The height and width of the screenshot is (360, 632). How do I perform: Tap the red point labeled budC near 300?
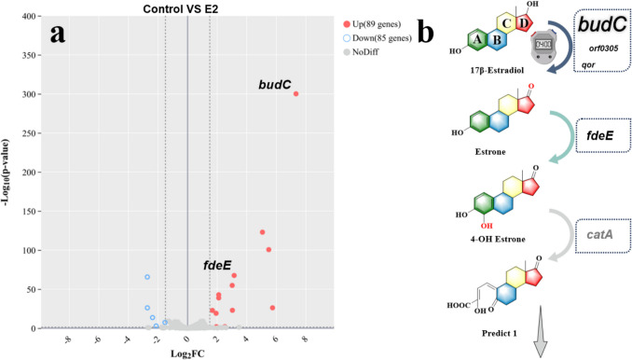(295, 94)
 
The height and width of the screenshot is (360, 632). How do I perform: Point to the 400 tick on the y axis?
(32, 17)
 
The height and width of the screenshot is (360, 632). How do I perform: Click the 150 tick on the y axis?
(32, 212)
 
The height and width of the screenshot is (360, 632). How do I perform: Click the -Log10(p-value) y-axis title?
(7, 173)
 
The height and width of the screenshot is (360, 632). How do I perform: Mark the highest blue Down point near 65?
(147, 277)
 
